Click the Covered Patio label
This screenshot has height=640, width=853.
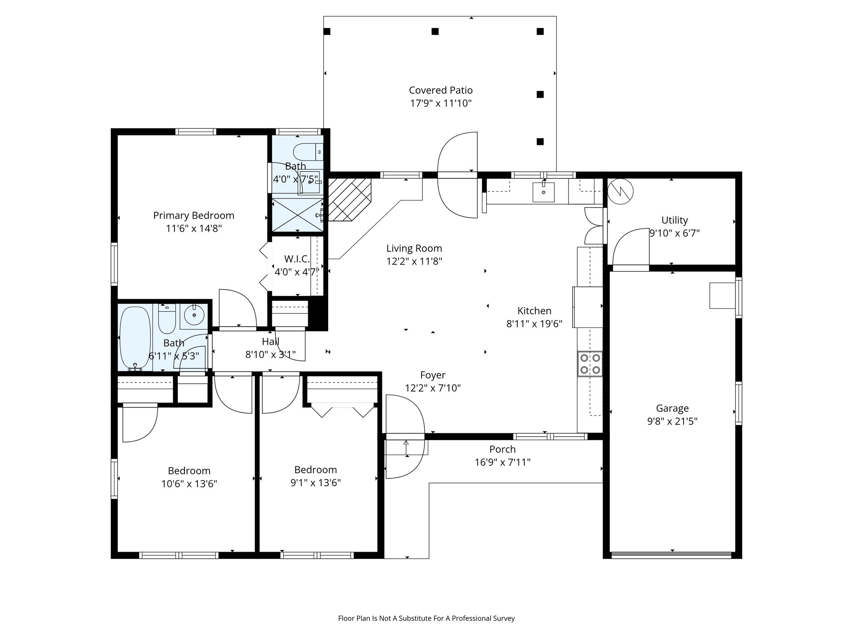coord(440,90)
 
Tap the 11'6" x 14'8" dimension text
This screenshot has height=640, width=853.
coord(193,228)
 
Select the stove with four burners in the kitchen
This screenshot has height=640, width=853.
coord(590,364)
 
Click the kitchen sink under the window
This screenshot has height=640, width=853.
coord(543,192)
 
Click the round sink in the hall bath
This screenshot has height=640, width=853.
coord(194,315)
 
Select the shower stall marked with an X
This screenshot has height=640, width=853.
coord(297,214)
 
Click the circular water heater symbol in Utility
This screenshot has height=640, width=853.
coord(620,192)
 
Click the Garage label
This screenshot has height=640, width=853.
coord(672,408)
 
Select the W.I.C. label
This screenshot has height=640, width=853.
coord(297,259)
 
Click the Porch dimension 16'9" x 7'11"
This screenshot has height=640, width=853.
coord(502,462)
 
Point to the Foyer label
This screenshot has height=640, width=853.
coord(433,375)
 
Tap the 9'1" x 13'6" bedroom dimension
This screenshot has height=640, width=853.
coord(315,482)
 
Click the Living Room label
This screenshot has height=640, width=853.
coord(414,248)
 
